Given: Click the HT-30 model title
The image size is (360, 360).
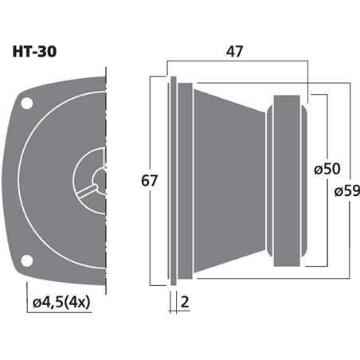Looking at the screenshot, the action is [34, 52].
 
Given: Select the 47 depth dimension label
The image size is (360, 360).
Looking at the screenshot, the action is [234, 52].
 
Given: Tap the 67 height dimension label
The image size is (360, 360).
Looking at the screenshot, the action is [149, 181].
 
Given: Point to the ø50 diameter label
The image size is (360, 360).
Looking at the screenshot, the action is [327, 169].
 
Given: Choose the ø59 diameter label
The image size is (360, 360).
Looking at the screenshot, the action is [347, 190].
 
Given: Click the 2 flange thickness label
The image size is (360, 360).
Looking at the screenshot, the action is [185, 302].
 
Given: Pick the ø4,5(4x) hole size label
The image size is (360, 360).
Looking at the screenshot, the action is [61, 302].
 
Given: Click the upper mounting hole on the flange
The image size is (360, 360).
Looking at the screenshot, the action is [27, 104].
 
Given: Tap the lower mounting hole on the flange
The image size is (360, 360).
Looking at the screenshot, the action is [26, 260].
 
